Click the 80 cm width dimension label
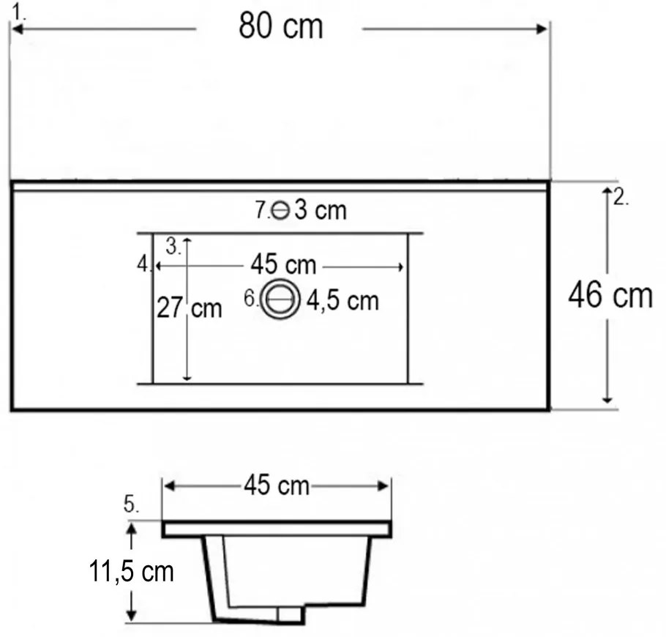pyautogui.click(x=280, y=27)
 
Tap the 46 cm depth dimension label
pyautogui.click(x=610, y=296)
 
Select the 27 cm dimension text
pyautogui.click(x=189, y=308)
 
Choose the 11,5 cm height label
pyautogui.click(x=132, y=571)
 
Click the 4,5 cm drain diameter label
pyautogui.click(x=343, y=300)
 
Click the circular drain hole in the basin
pyautogui.click(x=280, y=299)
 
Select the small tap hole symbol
pyautogui.click(x=280, y=211)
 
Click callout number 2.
pyautogui.click(x=621, y=198)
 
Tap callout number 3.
pyautogui.click(x=173, y=246)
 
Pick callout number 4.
pyautogui.click(x=143, y=264)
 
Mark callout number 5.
pyautogui.click(x=131, y=504)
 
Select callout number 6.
pyautogui.click(x=250, y=299)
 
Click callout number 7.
pyautogui.click(x=262, y=211)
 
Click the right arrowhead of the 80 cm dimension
pyautogui.click(x=543, y=29)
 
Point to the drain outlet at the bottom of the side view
pyautogui.click(x=291, y=616)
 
